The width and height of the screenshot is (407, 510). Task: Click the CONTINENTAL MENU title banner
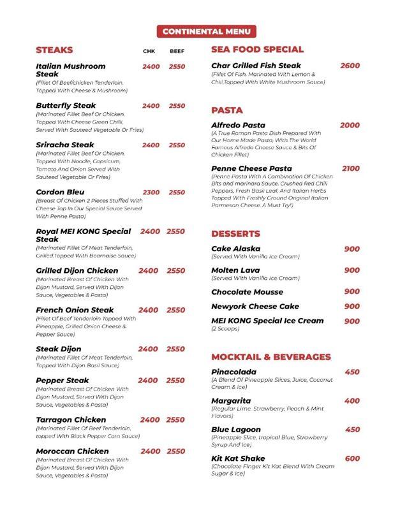[x=205, y=31]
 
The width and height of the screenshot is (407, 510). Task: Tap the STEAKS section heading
[x=55, y=50]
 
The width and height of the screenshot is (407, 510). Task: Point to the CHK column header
[x=149, y=51]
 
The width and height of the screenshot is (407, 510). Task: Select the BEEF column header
[x=177, y=51]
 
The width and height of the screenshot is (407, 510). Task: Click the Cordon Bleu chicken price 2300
[x=151, y=192]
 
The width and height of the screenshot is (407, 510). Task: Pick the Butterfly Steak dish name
[x=66, y=106]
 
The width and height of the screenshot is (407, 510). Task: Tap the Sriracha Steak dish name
[x=65, y=145]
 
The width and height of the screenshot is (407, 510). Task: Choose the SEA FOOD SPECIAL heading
[x=257, y=49]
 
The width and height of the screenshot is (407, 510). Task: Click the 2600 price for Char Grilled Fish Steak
[x=350, y=66]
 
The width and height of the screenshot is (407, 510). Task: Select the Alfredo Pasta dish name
[x=238, y=125]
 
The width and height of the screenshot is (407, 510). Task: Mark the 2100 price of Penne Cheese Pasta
[x=350, y=168]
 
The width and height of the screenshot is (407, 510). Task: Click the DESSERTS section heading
[x=235, y=233]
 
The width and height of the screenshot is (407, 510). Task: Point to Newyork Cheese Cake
[x=255, y=307]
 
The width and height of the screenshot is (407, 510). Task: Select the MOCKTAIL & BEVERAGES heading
[x=270, y=357]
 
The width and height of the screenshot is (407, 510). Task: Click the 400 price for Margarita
[x=352, y=401]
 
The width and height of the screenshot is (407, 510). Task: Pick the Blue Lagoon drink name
[x=235, y=430]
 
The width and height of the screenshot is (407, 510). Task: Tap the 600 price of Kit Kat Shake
[x=352, y=458]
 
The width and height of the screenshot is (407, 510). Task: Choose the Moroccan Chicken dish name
[x=72, y=451]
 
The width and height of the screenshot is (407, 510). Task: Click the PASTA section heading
[x=226, y=110]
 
